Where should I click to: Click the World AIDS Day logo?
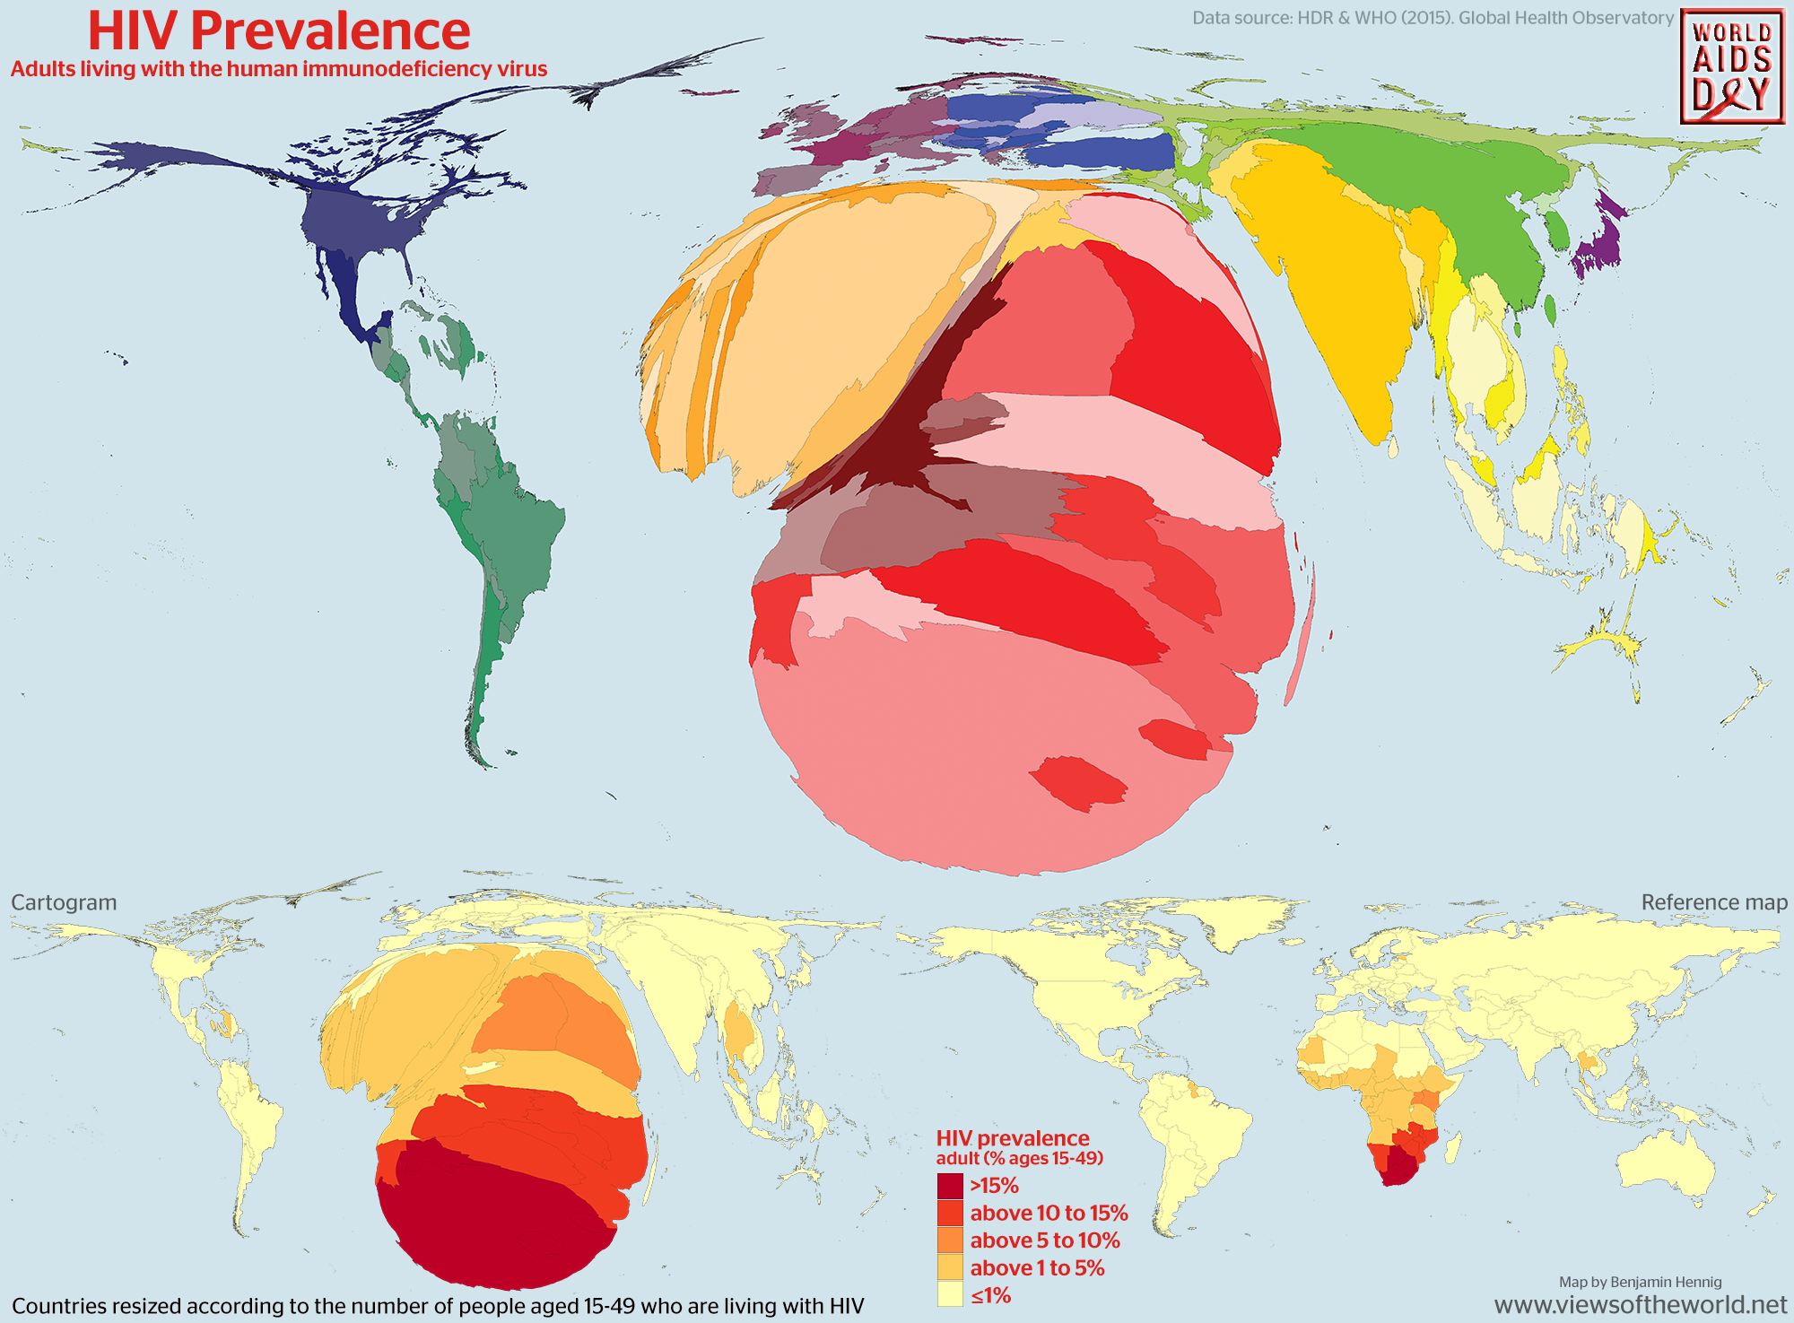click(x=1731, y=68)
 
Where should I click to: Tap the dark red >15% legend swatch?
click(x=950, y=1186)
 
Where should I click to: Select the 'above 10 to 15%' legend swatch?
click(x=950, y=1214)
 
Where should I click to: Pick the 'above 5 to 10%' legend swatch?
click(x=950, y=1240)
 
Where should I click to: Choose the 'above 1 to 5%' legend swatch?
click(x=950, y=1267)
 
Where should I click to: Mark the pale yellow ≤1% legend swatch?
click(x=950, y=1294)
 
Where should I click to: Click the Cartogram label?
click(x=64, y=902)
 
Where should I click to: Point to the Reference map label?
click(x=1714, y=902)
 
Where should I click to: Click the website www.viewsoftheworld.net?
click(x=1641, y=1305)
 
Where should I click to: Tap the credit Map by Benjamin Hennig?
click(x=1640, y=1282)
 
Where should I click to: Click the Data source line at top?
click(x=1433, y=18)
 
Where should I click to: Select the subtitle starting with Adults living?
click(x=279, y=69)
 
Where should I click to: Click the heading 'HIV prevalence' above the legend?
click(x=1013, y=1138)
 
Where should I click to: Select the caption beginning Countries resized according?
click(x=438, y=1306)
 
